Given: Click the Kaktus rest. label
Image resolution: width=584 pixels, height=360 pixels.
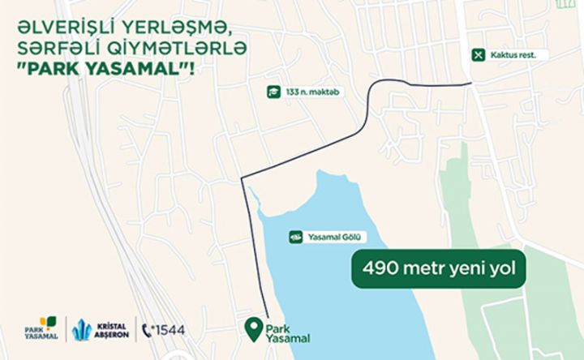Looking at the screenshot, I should (x=516, y=55).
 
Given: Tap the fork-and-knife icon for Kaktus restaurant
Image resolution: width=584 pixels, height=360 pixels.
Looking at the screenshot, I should (x=479, y=55).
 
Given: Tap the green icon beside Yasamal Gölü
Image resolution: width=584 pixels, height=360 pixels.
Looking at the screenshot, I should (x=297, y=237).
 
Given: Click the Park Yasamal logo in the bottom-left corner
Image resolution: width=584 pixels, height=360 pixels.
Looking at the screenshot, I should (x=41, y=328).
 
